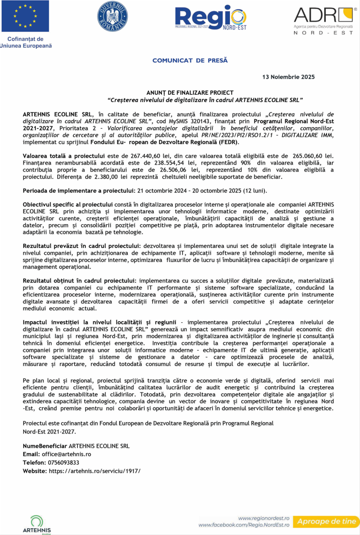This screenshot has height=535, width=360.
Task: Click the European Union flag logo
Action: [x=28, y=16]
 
